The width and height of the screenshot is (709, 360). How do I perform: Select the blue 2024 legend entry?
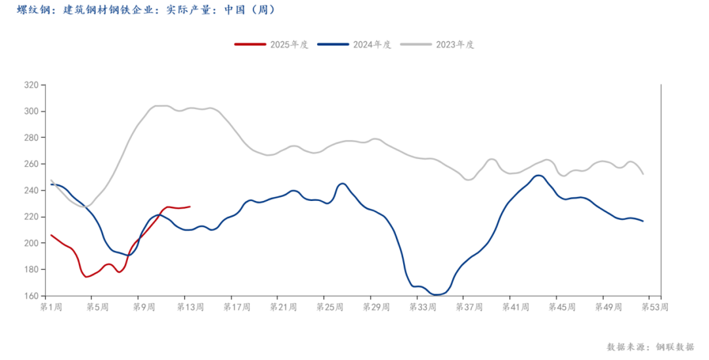pos(354,45)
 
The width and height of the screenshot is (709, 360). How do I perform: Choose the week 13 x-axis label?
pos(189,307)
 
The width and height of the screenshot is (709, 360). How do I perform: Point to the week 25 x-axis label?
pos(328,307)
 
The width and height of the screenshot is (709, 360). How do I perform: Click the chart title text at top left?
pos(145,11)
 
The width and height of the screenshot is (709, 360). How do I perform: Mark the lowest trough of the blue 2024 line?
pos(437,294)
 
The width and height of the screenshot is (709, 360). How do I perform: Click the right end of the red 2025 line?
pos(190,206)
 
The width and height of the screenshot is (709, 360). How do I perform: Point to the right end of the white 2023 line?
pos(643,174)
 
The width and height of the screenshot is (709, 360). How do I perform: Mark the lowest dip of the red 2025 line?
pos(86,277)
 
